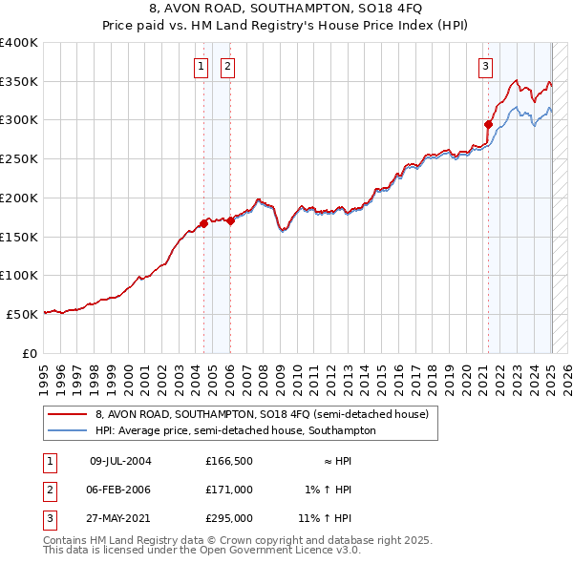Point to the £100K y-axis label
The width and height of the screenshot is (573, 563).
[19, 275]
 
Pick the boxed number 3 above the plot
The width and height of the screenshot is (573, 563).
[486, 66]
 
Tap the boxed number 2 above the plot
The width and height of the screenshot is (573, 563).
[229, 66]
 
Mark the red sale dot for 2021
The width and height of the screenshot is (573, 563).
[488, 124]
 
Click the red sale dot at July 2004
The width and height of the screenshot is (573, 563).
[203, 224]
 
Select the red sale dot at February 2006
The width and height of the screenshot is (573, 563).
[230, 220]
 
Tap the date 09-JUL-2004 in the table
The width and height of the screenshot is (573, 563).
[120, 461]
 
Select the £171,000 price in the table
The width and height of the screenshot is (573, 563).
[229, 490]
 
